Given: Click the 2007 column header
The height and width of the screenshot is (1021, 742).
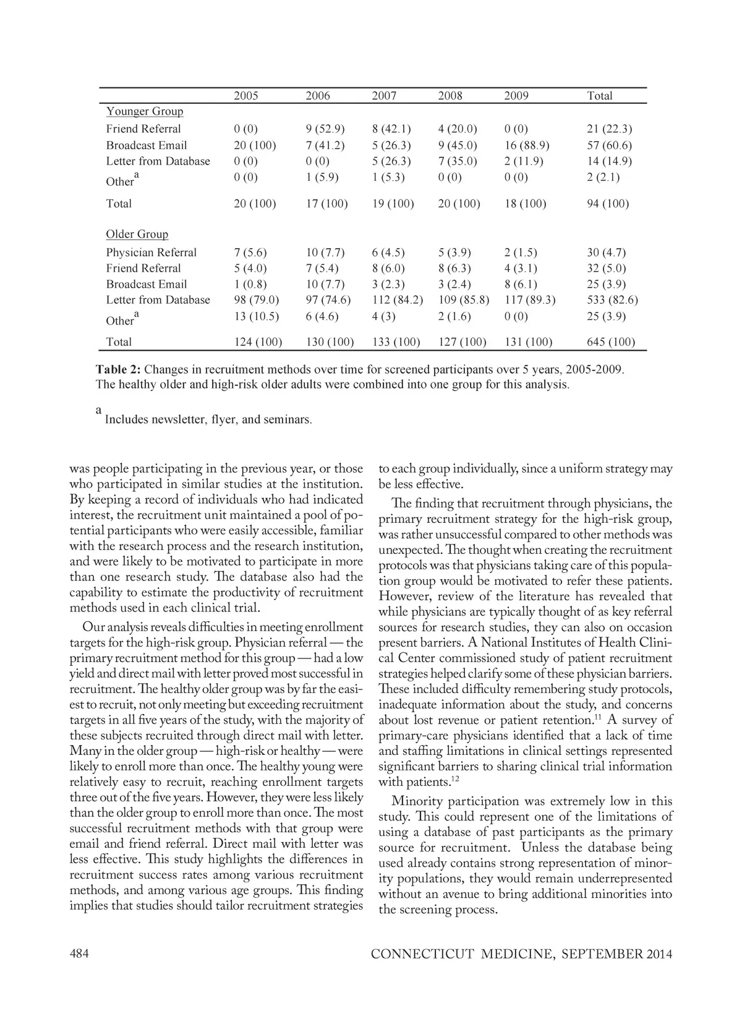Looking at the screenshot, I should (384, 96).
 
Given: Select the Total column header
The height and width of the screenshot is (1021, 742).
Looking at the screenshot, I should (599, 96).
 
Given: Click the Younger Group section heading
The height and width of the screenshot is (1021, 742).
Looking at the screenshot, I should (145, 111).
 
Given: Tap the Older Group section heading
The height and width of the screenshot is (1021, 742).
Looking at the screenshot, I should (137, 235).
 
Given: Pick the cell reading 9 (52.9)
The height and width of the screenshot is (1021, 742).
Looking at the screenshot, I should (325, 129).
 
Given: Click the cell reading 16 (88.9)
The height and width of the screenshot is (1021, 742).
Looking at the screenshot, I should (527, 145).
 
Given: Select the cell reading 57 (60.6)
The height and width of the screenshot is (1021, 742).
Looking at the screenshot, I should (609, 145).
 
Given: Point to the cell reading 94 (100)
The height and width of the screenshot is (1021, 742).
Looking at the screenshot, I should (608, 204).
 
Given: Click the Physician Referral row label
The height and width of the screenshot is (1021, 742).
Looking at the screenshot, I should (151, 252).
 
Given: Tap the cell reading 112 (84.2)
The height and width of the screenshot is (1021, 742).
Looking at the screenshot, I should (398, 300).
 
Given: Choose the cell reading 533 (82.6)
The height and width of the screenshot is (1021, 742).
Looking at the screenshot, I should (612, 300).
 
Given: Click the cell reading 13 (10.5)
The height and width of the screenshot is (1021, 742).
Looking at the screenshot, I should (256, 316).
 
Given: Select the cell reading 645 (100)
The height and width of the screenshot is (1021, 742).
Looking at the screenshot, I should (611, 342).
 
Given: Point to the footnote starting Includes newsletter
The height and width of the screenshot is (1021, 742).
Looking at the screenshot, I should (208, 420).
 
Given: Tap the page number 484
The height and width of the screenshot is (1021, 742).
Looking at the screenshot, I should (79, 954).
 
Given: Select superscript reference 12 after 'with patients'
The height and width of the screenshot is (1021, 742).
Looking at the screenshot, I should (454, 780).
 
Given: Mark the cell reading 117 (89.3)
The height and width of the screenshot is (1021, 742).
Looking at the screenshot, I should (530, 300).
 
